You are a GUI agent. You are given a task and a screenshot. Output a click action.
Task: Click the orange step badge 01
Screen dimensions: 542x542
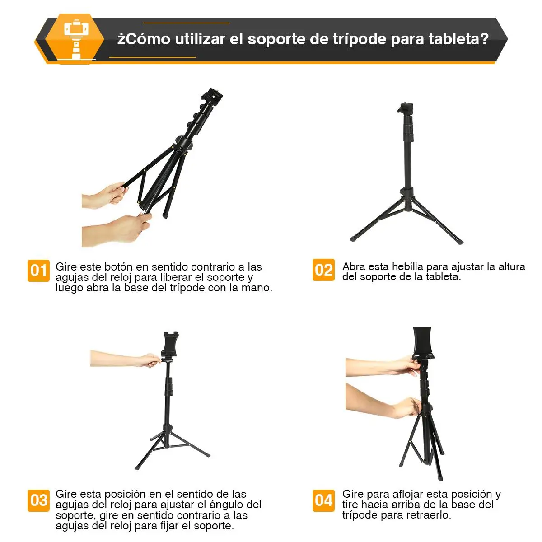coord(38,271)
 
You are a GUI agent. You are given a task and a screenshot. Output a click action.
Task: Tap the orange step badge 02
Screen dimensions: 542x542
coord(323,270)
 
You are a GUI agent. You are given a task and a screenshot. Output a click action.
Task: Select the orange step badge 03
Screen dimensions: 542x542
coord(38,500)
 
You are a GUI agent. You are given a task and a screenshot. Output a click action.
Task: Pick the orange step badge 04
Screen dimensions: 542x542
coord(323,500)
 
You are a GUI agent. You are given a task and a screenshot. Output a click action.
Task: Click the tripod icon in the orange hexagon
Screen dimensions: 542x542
coord(76,39)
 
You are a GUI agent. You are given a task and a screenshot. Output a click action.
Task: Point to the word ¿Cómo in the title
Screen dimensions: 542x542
coord(144,39)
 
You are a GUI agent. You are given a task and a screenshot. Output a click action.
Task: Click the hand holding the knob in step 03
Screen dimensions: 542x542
coord(126,359)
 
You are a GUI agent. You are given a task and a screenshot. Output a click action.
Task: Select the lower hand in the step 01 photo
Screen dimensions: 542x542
coord(115,230)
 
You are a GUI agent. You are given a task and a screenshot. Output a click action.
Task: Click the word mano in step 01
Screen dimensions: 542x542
coord(257,288)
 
